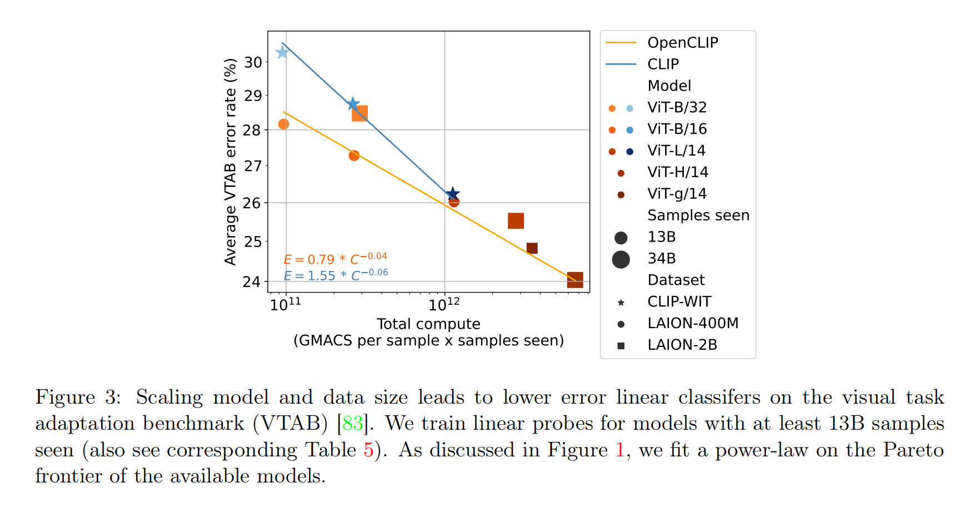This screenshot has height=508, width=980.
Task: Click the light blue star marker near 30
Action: point(282,52)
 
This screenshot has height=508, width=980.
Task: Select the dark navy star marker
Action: point(453,194)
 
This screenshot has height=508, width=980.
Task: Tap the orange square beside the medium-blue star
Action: point(359,114)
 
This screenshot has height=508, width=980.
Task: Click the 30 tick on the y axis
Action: point(253,62)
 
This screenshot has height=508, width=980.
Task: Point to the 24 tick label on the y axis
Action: point(252,281)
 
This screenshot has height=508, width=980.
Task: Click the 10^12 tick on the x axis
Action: point(444,305)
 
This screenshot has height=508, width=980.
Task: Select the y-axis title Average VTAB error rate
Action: point(230,162)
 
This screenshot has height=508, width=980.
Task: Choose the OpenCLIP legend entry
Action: point(683,43)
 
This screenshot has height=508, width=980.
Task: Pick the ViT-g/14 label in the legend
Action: point(677,194)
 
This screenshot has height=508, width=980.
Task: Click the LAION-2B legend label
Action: point(682,345)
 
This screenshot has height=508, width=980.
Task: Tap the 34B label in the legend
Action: point(662,259)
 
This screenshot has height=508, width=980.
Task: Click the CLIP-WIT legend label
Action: point(679,301)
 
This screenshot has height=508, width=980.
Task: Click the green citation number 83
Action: point(353,424)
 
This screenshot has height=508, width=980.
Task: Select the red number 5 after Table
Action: point(368,450)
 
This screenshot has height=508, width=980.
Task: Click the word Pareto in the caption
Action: point(913,450)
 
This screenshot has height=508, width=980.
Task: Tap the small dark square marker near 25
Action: point(532,248)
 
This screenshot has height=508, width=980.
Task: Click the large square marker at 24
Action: point(575,280)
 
